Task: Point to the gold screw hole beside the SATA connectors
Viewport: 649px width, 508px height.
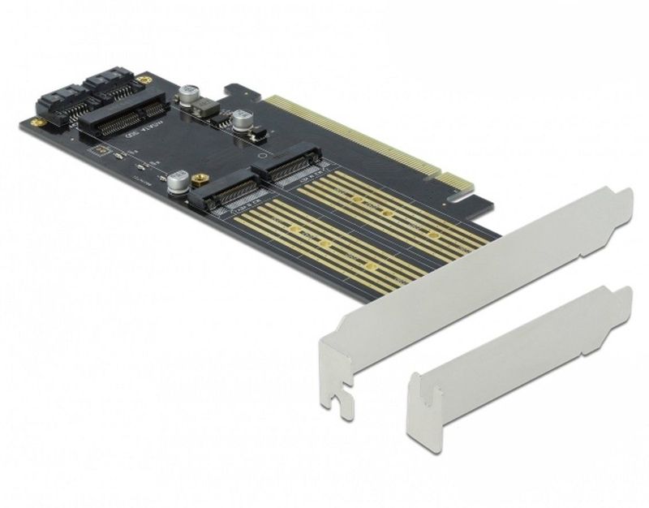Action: point(145,80)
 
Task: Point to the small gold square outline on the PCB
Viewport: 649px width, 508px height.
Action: point(98,152)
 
